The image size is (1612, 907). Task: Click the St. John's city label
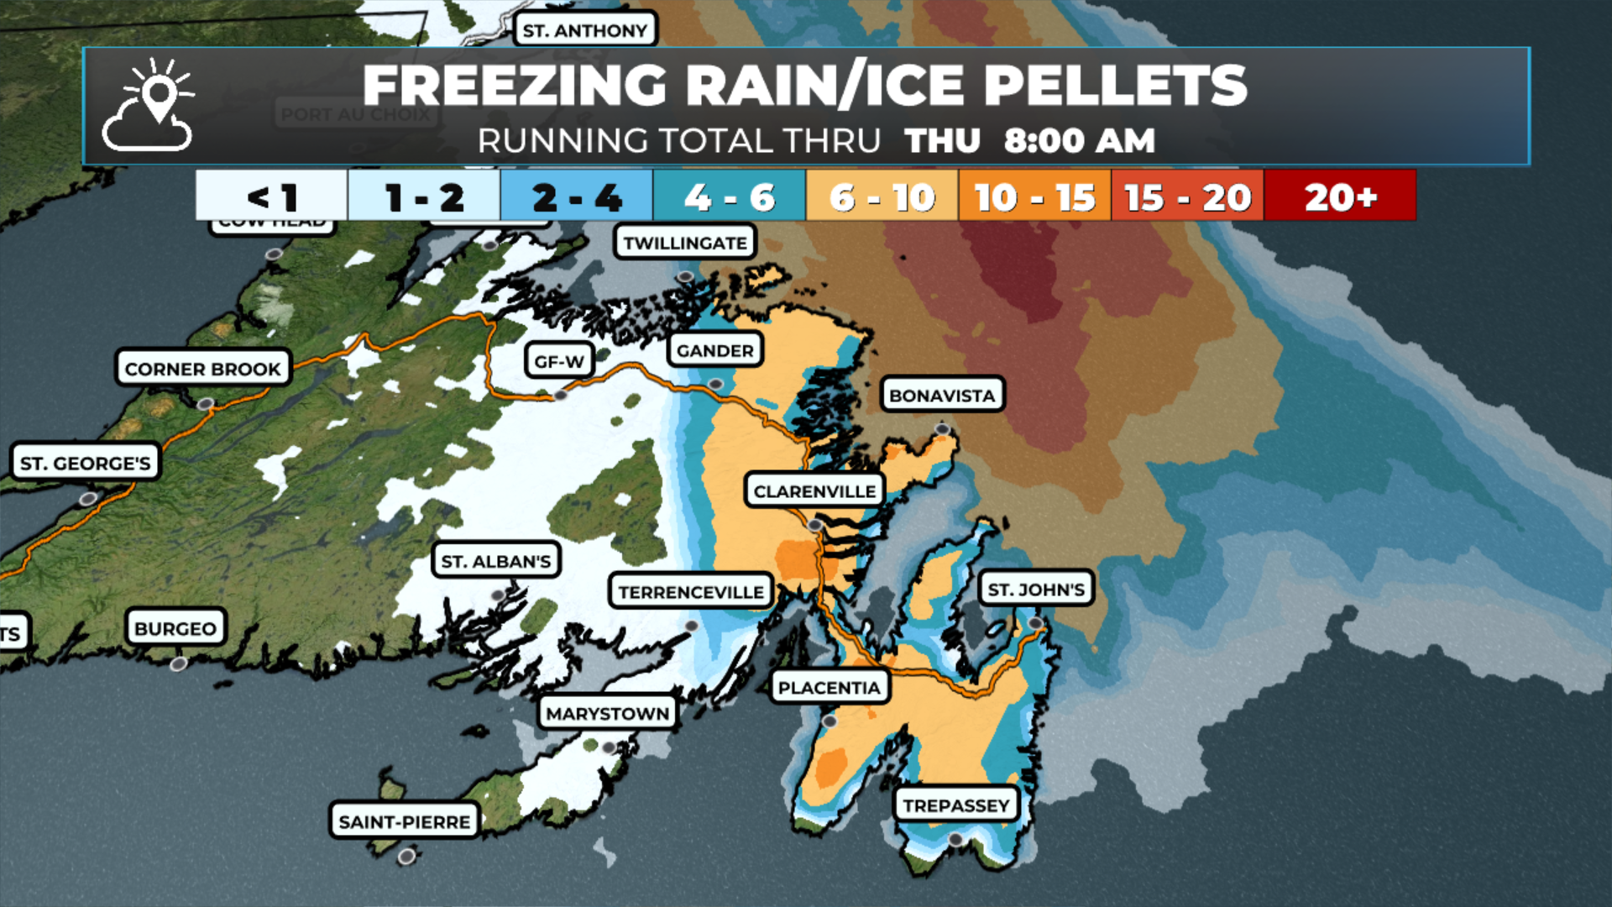(x=1036, y=590)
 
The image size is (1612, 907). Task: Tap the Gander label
(x=714, y=350)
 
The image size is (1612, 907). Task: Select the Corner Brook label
(x=202, y=369)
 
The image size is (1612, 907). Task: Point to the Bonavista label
(x=942, y=395)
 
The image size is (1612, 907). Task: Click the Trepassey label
(x=955, y=805)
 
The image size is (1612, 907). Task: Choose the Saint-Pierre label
(x=404, y=821)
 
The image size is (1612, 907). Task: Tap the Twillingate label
(x=684, y=243)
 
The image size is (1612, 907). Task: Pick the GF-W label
(x=559, y=361)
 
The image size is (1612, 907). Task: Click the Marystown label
(x=607, y=713)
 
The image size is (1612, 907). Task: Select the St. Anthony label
(x=584, y=30)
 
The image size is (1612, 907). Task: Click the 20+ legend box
(x=1340, y=197)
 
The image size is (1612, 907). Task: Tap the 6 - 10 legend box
(x=882, y=197)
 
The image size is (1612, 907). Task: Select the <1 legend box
(x=271, y=197)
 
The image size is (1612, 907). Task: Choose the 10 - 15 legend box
(x=1034, y=197)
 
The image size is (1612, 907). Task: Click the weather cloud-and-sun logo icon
(x=149, y=106)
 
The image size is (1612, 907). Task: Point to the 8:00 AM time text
(x=1079, y=140)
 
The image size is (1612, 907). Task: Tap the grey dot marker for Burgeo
(x=178, y=664)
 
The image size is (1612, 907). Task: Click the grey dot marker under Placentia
(x=830, y=721)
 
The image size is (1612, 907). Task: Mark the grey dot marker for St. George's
(x=87, y=499)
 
